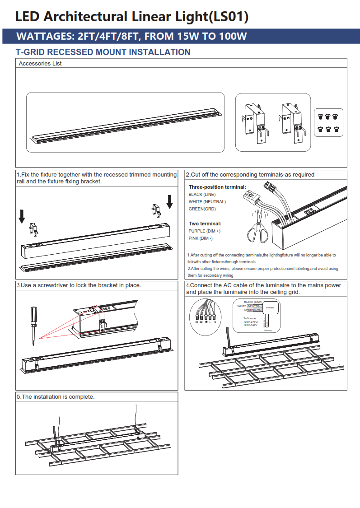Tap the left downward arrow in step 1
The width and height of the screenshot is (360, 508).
pos(22,216)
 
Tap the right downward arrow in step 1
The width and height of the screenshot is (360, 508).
pos(169,201)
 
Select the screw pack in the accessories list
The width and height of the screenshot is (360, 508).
pos(328,122)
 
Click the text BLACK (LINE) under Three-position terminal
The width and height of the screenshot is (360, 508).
pos(202,195)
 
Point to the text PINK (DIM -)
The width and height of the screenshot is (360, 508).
pos(201,238)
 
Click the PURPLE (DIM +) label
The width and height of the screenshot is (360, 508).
pos(204,231)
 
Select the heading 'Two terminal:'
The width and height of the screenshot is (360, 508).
pos(205,224)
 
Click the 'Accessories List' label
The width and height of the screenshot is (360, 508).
pos(40,64)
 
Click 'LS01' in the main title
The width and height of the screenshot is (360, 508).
pos(229,17)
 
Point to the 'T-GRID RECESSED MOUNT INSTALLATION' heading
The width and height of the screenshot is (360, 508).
pos(103,52)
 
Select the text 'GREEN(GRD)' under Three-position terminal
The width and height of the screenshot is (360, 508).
pos(202,209)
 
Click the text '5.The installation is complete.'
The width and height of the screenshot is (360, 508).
pos(56,397)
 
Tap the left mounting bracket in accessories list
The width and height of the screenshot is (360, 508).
pos(256,123)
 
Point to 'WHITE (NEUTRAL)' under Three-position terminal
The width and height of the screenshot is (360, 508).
pos(207,202)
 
